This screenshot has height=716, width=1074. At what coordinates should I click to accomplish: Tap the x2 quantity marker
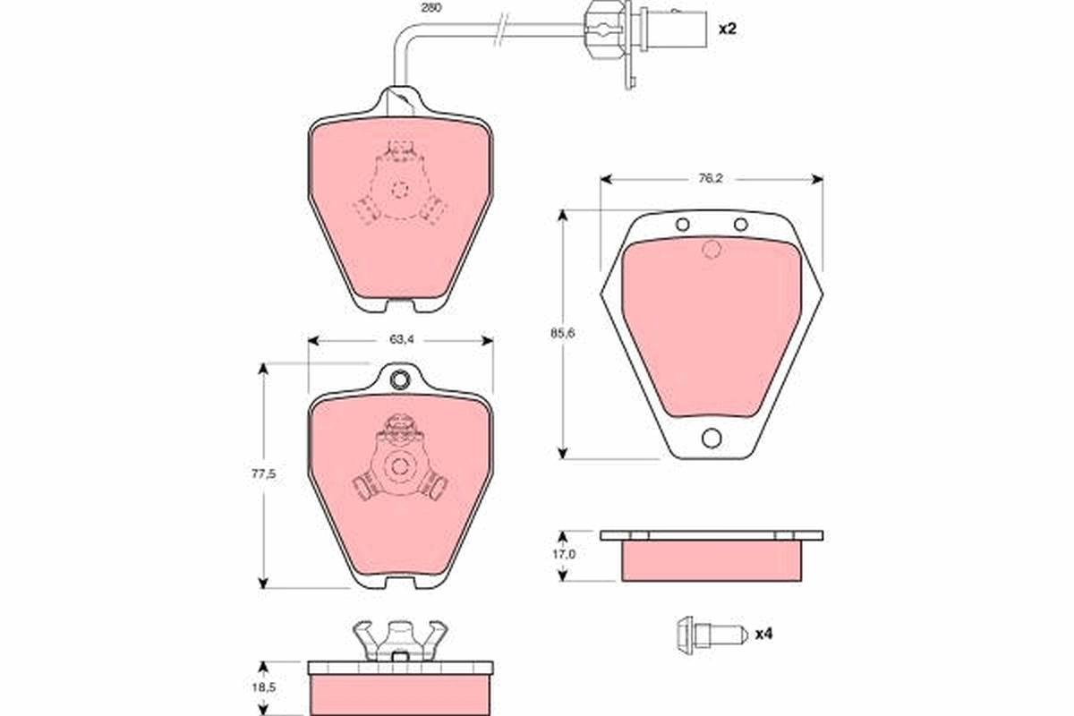(x=727, y=29)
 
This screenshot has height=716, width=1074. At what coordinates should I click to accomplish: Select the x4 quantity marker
(x=763, y=635)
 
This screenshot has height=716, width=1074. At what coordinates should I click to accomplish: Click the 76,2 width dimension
(x=710, y=179)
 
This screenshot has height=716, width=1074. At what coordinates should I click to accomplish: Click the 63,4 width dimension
(x=400, y=340)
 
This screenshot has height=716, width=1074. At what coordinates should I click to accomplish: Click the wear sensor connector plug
(x=607, y=29)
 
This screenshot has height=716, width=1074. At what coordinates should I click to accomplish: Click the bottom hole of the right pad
(x=712, y=438)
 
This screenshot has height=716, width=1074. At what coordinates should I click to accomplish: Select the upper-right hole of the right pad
(x=740, y=225)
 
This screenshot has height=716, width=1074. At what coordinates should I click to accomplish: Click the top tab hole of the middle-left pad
(x=400, y=379)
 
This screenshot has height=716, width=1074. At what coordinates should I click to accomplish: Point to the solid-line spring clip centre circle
(x=400, y=466)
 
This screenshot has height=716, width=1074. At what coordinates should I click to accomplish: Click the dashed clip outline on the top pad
(x=400, y=190)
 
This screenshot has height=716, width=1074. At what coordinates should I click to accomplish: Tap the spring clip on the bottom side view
(x=400, y=640)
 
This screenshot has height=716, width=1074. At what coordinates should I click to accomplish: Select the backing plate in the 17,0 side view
(x=712, y=535)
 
